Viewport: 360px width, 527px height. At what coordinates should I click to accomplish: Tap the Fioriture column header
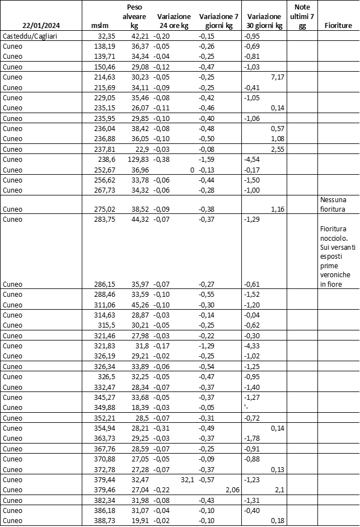click(x=338, y=26)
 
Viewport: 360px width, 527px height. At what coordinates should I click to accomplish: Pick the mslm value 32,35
click(x=102, y=36)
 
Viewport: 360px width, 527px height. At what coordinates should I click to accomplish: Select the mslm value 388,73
click(x=101, y=521)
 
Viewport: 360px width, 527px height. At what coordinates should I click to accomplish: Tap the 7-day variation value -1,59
click(x=208, y=159)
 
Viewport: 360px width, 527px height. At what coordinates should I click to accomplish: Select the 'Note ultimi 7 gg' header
click(x=302, y=16)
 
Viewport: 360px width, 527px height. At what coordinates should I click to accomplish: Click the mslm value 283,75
click(x=101, y=219)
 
